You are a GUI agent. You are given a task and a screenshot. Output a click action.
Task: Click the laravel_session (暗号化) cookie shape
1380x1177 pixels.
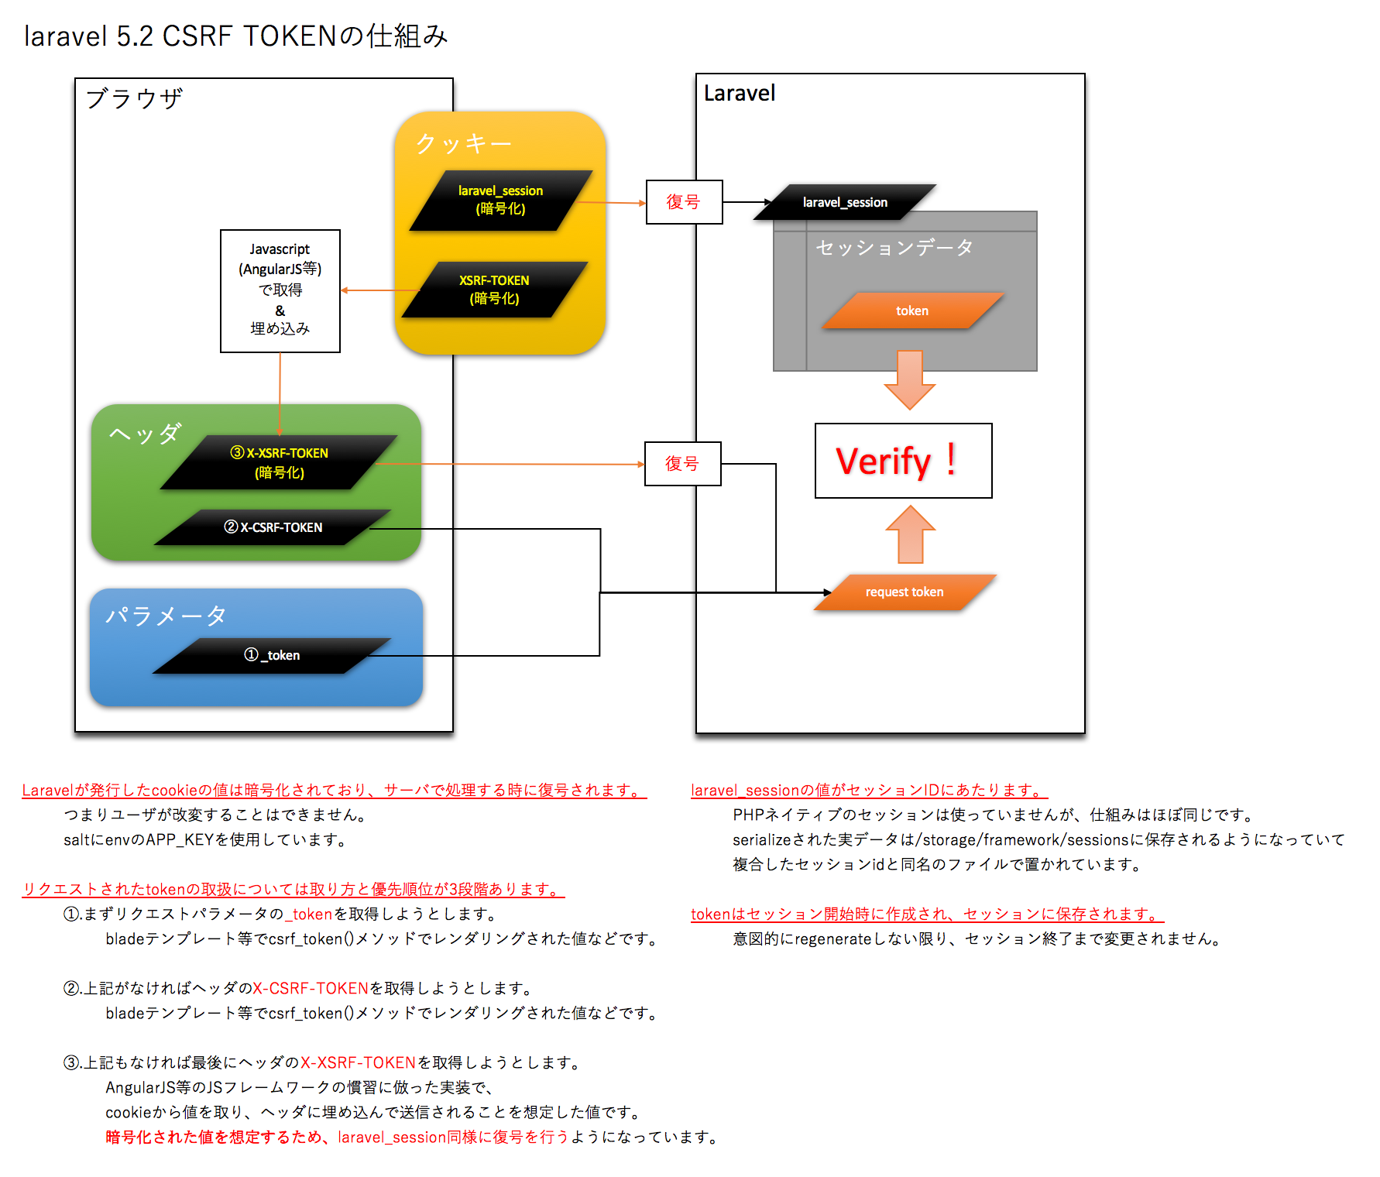click(500, 200)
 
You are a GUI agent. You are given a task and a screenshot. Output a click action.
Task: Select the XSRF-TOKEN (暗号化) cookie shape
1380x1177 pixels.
click(494, 290)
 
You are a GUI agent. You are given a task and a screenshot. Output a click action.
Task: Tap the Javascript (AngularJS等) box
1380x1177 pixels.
click(280, 290)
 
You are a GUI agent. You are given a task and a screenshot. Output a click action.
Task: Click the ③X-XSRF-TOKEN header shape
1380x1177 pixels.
click(279, 462)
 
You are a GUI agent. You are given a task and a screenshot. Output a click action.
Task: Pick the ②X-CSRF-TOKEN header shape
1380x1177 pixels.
click(273, 527)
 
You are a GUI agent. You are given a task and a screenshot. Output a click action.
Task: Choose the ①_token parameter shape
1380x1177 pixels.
click(272, 655)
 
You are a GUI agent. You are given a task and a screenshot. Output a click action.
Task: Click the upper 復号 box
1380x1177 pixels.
click(684, 202)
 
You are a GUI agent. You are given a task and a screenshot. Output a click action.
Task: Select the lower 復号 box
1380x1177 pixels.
click(682, 464)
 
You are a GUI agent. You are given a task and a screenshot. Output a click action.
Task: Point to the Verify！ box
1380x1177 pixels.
click(903, 461)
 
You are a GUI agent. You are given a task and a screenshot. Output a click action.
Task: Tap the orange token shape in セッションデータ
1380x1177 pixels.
click(912, 311)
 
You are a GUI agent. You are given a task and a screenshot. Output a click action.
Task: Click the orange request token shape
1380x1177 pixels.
click(905, 592)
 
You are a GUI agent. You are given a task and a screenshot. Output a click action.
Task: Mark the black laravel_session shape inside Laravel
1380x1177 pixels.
click(845, 202)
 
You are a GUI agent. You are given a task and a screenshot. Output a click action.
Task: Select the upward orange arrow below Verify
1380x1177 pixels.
click(910, 534)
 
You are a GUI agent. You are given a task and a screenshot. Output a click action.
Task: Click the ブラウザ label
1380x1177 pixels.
click(134, 99)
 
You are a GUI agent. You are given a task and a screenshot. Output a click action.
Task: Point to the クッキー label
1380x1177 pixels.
click(463, 144)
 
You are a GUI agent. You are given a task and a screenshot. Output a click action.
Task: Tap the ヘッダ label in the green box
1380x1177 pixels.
click(145, 434)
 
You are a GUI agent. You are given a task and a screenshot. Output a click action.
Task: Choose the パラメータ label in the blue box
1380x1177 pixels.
click(166, 616)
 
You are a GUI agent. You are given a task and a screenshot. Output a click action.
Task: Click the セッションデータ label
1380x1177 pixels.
click(894, 248)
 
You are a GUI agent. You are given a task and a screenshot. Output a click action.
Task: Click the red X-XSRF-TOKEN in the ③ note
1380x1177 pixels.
click(359, 1062)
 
